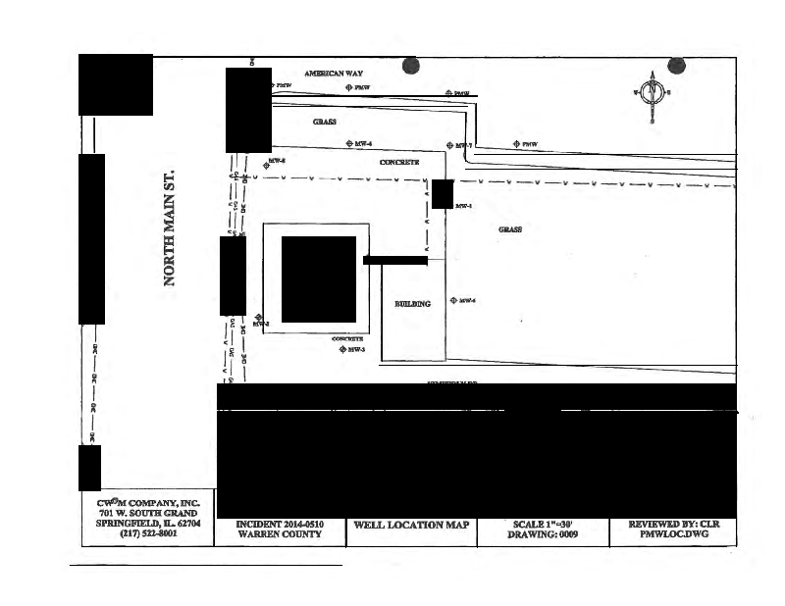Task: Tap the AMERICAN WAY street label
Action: (335, 74)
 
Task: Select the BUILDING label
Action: (412, 304)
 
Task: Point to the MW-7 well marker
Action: (445, 145)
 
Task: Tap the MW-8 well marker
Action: (265, 166)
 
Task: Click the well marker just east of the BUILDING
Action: (452, 300)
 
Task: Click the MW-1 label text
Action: (465, 206)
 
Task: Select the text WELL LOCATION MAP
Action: (411, 525)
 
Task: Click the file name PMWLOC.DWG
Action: (673, 535)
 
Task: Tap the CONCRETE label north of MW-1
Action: (399, 161)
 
